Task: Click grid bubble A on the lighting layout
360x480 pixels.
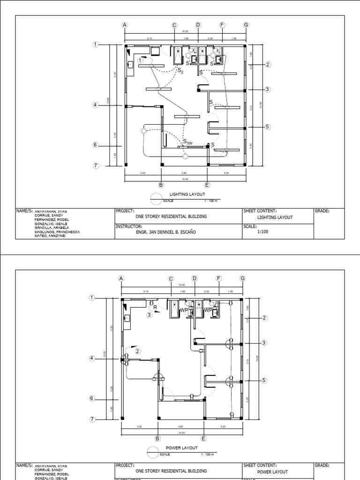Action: [125, 25]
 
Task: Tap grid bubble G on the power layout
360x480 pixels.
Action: [242, 278]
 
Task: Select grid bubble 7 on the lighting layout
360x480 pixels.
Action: [96, 165]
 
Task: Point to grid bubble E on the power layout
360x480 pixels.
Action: [203, 438]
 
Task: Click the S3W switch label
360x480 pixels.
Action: [188, 142]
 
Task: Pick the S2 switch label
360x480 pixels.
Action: [180, 70]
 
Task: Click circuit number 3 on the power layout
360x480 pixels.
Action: [150, 315]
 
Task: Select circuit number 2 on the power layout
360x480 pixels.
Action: [137, 351]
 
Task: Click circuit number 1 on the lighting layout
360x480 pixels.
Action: [140, 60]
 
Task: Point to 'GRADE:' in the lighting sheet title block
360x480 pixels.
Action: [322, 211]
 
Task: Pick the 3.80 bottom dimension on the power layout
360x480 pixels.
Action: [180, 427]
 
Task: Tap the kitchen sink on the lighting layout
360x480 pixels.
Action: [130, 64]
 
